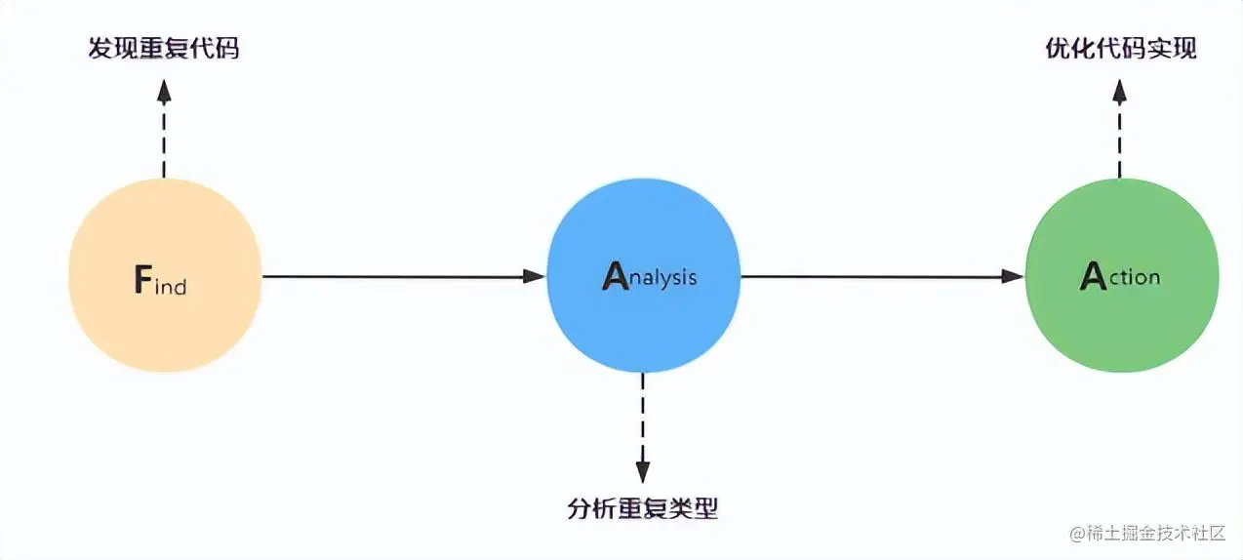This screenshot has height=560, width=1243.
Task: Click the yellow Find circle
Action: tap(165, 276)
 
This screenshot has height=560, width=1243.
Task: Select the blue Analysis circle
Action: tap(643, 276)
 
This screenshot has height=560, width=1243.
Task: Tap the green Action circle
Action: tap(1121, 276)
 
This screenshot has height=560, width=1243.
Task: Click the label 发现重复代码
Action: tap(164, 48)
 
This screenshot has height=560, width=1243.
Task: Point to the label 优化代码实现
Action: tap(1120, 48)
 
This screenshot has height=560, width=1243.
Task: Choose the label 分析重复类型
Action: tap(642, 508)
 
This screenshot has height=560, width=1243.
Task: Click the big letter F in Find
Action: tap(143, 281)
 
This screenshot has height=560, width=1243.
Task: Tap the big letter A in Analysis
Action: tap(616, 277)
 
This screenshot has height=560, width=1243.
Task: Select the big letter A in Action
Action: tap(1092, 277)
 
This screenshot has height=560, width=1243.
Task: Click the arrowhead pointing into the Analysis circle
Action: tap(534, 276)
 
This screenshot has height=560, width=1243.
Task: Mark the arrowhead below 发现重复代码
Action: tap(164, 92)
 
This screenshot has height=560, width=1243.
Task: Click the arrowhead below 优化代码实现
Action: tap(1120, 92)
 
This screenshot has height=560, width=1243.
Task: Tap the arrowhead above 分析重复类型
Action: tap(642, 470)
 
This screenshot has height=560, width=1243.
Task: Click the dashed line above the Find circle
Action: tap(164, 141)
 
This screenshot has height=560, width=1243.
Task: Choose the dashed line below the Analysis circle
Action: tap(642, 415)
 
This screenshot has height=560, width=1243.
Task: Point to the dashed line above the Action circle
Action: tap(1120, 141)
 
